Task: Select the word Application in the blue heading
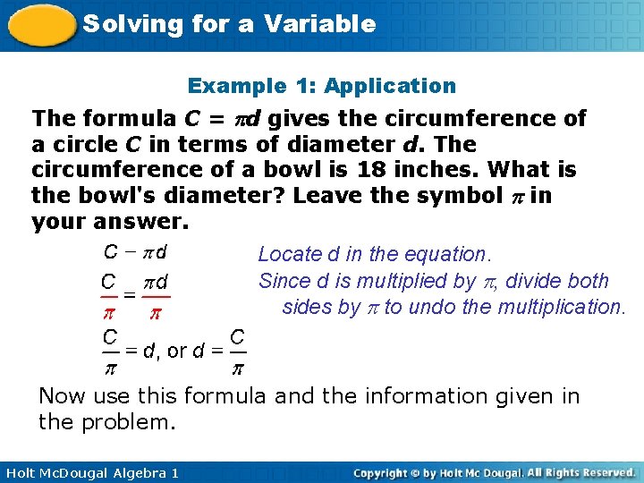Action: pos(390,86)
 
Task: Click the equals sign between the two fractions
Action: pos(130,293)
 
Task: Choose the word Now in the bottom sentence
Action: pos(60,395)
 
